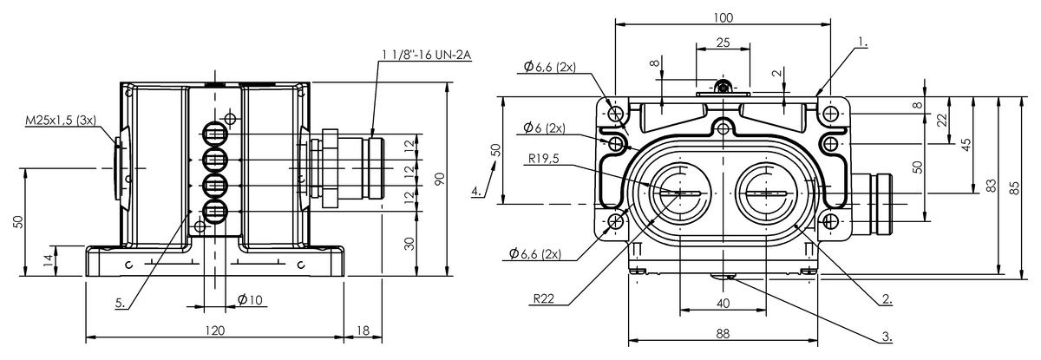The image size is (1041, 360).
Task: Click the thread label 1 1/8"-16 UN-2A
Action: pos(427,56)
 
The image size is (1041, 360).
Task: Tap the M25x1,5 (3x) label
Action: pos(61,121)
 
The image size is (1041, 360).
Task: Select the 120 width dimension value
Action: pos(215,331)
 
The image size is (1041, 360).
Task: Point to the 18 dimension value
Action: pos(363,331)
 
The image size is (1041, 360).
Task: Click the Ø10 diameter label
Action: pos(250,300)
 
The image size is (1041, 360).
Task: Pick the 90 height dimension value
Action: pos(439,180)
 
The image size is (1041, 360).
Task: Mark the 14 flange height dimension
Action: pos(49,260)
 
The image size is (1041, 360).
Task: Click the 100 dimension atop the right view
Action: pos(723,17)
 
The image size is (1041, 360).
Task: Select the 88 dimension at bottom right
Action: pos(723,333)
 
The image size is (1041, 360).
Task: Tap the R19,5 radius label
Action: pos(544,159)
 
